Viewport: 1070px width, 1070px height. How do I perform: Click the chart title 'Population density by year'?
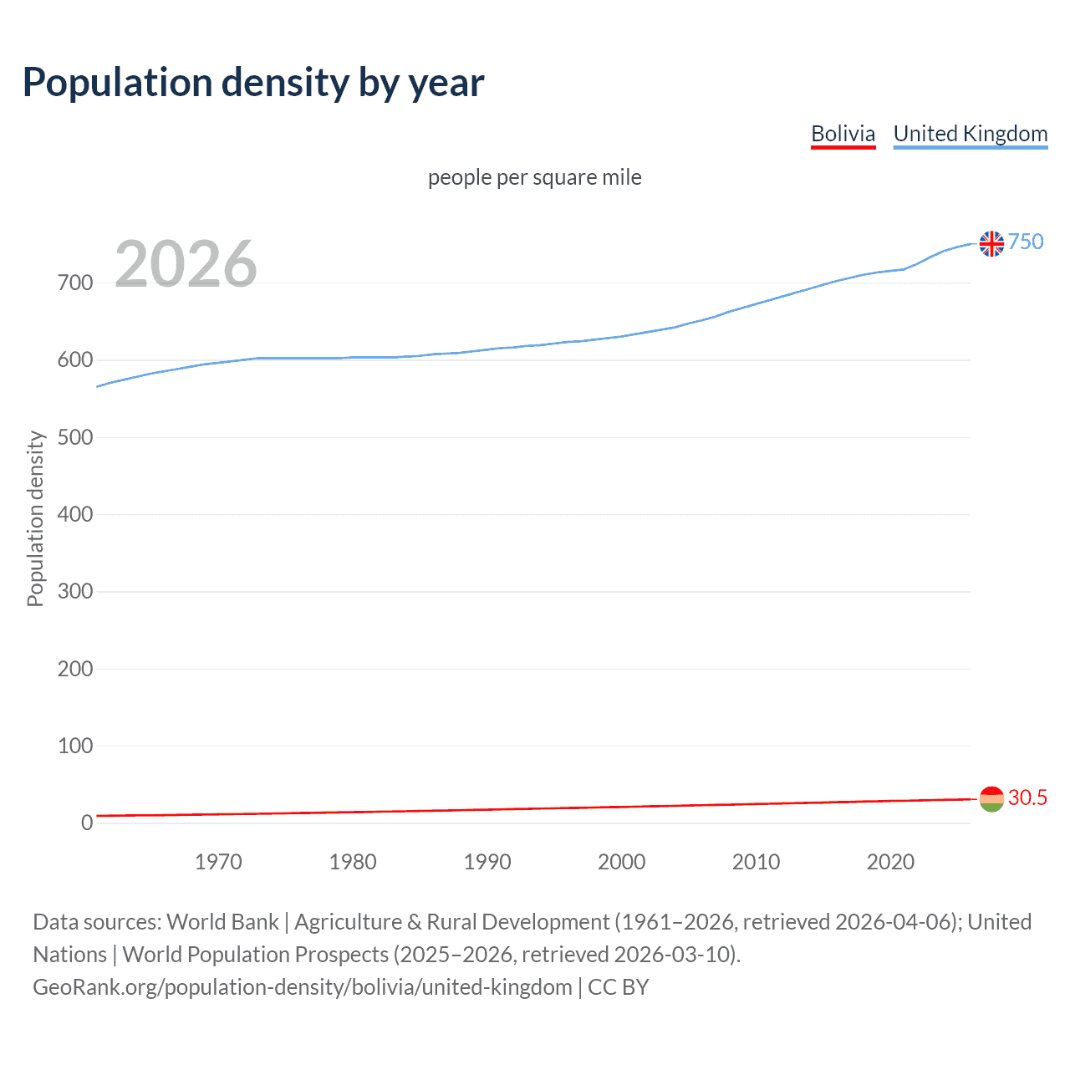coord(253,83)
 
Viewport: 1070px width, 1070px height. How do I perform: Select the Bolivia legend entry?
coord(843,134)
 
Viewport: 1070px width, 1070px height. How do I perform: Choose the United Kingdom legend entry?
coord(970,134)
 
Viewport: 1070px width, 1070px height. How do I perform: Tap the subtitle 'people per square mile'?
coord(534,177)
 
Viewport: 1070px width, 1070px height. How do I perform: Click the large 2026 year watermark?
coord(186,264)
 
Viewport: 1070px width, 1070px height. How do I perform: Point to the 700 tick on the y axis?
coord(75,283)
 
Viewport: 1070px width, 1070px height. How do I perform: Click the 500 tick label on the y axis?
coord(75,437)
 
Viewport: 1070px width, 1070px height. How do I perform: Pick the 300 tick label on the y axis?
coord(75,592)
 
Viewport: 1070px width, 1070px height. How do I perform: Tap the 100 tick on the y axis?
coord(75,746)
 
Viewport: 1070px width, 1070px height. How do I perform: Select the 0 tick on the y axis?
coord(87,823)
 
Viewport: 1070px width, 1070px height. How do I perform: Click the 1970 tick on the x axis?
coord(218,862)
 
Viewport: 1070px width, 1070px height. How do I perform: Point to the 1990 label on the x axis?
coord(487,862)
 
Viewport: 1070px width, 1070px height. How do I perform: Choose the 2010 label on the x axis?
coord(756,862)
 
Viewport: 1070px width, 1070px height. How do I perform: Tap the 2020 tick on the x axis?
coord(890,862)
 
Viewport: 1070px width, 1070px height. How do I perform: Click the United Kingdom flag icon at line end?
coord(991,243)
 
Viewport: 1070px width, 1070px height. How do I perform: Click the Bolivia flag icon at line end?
coord(991,799)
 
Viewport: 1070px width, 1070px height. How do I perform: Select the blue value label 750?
coord(1026,242)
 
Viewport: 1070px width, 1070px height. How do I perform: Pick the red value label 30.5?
coord(1027,797)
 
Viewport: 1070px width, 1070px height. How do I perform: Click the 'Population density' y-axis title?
coord(35,518)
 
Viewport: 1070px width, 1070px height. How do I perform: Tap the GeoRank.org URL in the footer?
coord(303,987)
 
